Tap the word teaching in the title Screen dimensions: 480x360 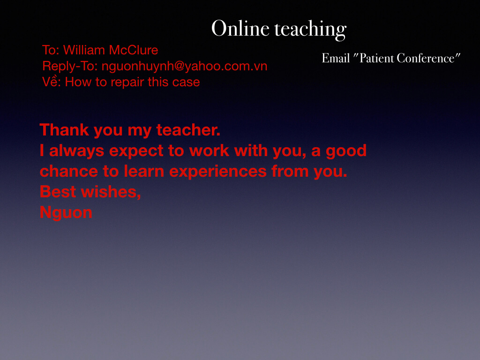[x=310, y=30]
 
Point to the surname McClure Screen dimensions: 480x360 [x=134, y=50]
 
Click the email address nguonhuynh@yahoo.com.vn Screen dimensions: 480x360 [x=185, y=67]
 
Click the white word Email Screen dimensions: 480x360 [x=336, y=58]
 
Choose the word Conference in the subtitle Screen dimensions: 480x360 [x=426, y=58]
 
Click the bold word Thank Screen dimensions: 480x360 [x=64, y=130]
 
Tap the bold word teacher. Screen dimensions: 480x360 [x=188, y=130]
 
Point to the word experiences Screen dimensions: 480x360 [x=218, y=172]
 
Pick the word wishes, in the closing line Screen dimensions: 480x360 [x=111, y=192]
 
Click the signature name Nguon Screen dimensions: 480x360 [x=66, y=213]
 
